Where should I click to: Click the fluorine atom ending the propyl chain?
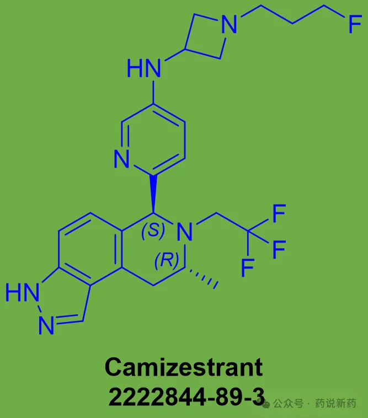[x=355, y=24]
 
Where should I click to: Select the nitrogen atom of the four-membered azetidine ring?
[x=230, y=24]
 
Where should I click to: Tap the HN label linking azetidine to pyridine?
[x=144, y=68]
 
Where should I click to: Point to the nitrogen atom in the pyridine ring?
[x=121, y=159]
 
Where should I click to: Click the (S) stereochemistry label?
[x=153, y=229]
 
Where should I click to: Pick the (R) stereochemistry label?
[x=167, y=260]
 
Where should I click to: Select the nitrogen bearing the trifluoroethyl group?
[x=185, y=232]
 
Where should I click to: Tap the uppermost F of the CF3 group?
[x=279, y=213]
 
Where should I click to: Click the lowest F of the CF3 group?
[x=248, y=267]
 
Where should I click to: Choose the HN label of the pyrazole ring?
[x=23, y=292]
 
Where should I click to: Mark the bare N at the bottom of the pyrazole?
[x=46, y=325]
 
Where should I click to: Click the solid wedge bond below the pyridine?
[x=153, y=194]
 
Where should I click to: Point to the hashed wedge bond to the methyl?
[x=202, y=277]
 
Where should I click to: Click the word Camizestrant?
[x=184, y=367]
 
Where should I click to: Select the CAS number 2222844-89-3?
[x=186, y=396]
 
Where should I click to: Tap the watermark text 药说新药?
[x=335, y=403]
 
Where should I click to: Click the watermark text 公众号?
[x=288, y=403]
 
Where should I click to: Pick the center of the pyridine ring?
[x=153, y=140]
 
